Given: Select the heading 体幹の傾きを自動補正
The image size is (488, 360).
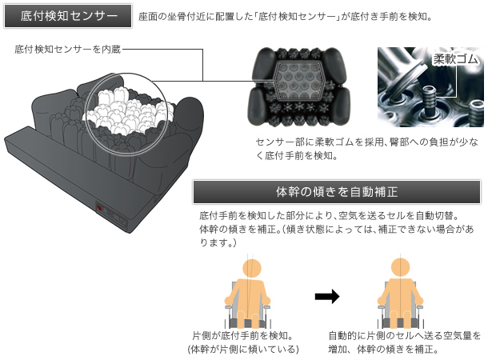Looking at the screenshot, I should pyautogui.click(x=337, y=192).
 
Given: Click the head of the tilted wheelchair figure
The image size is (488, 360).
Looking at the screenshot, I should pyautogui.click(x=250, y=266).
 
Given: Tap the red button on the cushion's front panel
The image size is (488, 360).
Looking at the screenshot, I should pyautogui.click(x=99, y=209).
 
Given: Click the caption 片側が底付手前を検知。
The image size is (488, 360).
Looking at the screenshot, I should pyautogui.click(x=242, y=335).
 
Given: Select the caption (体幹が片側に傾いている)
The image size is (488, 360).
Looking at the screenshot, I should pyautogui.click(x=242, y=350).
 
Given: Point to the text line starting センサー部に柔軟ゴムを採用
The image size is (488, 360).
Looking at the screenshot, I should pyautogui.click(x=368, y=141).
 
